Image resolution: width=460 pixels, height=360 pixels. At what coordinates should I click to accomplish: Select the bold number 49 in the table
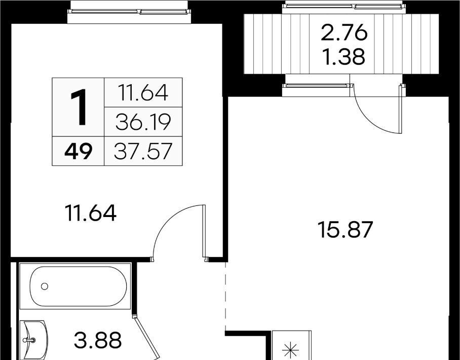pyautogui.click(x=79, y=151)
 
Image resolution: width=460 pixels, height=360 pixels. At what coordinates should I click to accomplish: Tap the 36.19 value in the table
pyautogui.click(x=143, y=122)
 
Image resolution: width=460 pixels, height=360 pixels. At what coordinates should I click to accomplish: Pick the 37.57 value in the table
pyautogui.click(x=143, y=151)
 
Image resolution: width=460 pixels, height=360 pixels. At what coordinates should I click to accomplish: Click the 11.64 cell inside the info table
pyautogui.click(x=143, y=92)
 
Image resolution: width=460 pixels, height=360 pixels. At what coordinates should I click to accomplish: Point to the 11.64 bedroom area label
pyautogui.click(x=91, y=213)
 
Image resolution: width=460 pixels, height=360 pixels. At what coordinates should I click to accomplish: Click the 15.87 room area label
pyautogui.click(x=346, y=230)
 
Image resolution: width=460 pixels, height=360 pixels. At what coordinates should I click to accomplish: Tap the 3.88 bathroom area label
pyautogui.click(x=98, y=340)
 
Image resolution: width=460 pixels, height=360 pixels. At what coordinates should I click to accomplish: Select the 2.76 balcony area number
pyautogui.click(x=344, y=32)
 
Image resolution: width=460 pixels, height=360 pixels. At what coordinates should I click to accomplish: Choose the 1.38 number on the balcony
pyautogui.click(x=344, y=57)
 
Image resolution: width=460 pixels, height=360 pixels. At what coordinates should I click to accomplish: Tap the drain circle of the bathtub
pyautogui.click(x=45, y=286)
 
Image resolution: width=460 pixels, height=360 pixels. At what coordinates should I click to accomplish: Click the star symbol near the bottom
pyautogui.click(x=290, y=350)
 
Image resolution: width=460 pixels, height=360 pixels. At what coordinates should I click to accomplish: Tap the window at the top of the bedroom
pyautogui.click(x=129, y=12)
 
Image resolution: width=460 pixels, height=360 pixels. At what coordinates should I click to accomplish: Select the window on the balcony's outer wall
pyautogui.click(x=344, y=6)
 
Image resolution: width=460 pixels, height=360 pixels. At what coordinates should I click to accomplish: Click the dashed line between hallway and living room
pyautogui.click(x=225, y=296)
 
